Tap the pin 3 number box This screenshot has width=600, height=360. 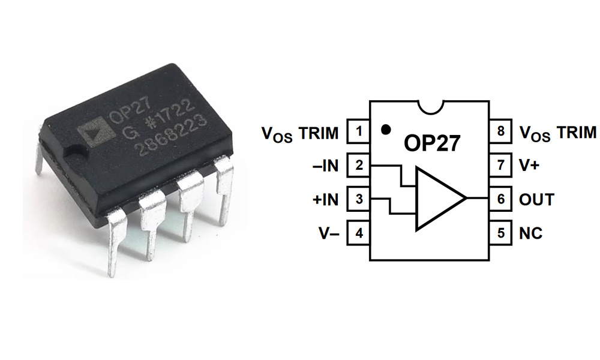pos(358,199)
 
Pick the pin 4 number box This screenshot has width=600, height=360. pos(358,233)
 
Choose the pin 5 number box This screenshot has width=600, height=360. pos(501,233)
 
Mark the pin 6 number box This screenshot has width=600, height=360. pos(501,199)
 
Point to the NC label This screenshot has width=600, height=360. pos(530,233)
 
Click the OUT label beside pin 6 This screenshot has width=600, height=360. pos(536,199)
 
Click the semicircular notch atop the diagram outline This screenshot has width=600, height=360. pos(430,107)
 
